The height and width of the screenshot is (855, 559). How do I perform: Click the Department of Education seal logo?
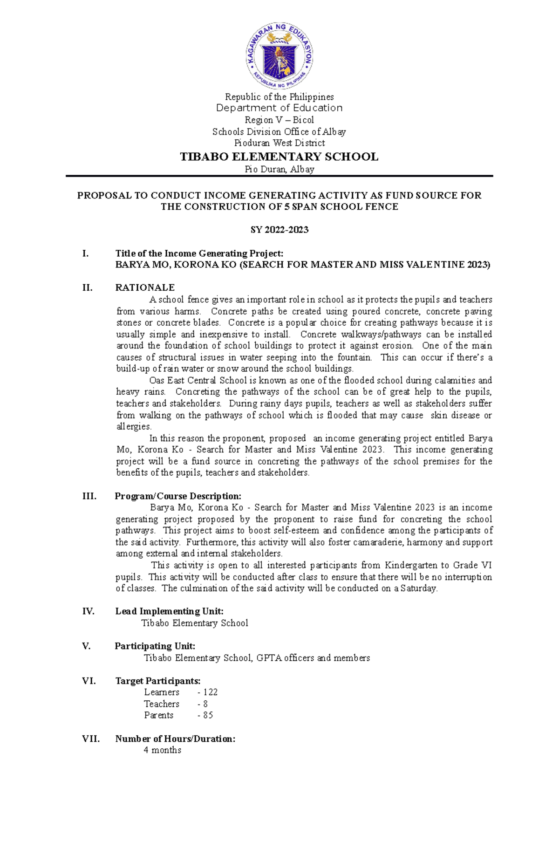point(279,55)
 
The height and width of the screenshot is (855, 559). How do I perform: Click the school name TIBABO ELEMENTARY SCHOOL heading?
point(279,157)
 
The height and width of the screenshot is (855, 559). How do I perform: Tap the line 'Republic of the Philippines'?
point(279,97)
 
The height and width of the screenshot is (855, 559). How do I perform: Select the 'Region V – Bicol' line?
point(279,120)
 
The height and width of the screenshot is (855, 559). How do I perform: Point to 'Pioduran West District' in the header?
point(279,143)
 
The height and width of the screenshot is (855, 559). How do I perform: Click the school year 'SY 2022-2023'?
point(279,230)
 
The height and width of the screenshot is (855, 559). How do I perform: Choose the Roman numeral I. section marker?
point(85,253)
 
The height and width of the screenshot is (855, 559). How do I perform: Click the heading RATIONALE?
point(145,287)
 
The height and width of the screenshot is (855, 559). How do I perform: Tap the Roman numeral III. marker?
point(89,496)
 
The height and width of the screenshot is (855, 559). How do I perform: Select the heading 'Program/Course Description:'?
point(178,496)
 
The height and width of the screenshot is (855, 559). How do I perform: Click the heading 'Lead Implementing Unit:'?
point(169,611)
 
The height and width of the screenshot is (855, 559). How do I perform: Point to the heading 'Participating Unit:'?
point(155,646)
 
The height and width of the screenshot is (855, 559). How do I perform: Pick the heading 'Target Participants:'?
point(158,681)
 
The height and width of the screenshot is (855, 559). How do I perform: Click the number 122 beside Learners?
point(210,692)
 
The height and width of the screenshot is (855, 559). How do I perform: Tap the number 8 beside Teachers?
point(205,704)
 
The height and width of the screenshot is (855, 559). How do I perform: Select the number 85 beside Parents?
point(208,715)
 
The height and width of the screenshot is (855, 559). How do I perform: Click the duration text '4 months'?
point(163,750)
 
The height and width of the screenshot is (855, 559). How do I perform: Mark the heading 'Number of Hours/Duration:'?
point(175,739)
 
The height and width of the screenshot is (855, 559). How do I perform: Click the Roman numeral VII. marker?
point(91,739)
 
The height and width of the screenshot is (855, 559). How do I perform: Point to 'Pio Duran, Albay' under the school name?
point(279,169)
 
